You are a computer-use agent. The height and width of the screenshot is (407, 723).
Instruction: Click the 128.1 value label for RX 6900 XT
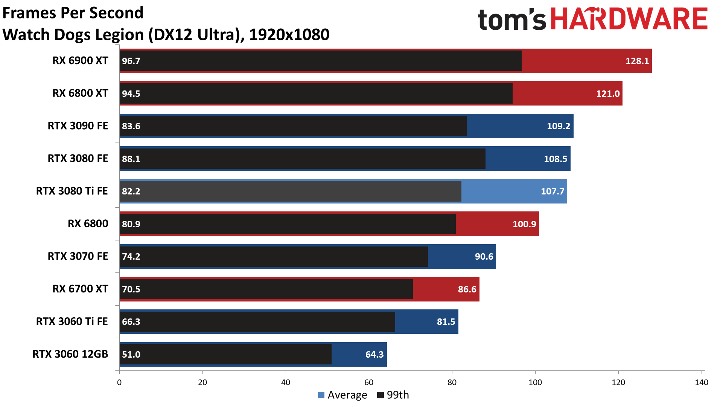(637, 61)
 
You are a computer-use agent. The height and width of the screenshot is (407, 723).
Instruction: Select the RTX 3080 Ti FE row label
(72, 191)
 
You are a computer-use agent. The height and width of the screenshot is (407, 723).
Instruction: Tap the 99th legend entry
(393, 395)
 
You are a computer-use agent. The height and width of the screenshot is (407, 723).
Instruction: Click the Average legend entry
(342, 395)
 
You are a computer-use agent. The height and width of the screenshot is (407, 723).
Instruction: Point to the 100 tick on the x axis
(535, 383)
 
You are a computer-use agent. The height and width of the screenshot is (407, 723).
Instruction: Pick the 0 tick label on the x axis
(119, 383)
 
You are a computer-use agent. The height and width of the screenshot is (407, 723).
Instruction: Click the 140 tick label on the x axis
(701, 383)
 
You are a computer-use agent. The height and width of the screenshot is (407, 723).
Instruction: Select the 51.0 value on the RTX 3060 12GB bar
(131, 355)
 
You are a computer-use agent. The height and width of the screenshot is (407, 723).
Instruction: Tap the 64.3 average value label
(374, 355)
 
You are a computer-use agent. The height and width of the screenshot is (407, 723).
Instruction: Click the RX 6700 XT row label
(80, 289)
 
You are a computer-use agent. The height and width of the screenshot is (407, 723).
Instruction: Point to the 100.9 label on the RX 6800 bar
(524, 224)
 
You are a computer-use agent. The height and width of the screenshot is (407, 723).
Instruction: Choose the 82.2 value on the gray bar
(131, 191)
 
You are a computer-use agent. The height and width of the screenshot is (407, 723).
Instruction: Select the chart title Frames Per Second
(73, 13)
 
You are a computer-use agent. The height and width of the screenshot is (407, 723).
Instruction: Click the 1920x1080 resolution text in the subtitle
(289, 35)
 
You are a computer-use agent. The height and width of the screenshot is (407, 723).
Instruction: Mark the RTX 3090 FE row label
(78, 126)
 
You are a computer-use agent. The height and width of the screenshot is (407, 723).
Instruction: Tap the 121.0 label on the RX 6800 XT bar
(607, 94)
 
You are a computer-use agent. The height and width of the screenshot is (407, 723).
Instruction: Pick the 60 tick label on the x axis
(369, 383)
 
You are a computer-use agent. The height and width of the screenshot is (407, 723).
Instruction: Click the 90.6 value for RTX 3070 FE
(484, 257)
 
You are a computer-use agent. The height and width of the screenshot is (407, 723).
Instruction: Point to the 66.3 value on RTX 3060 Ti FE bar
(131, 322)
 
